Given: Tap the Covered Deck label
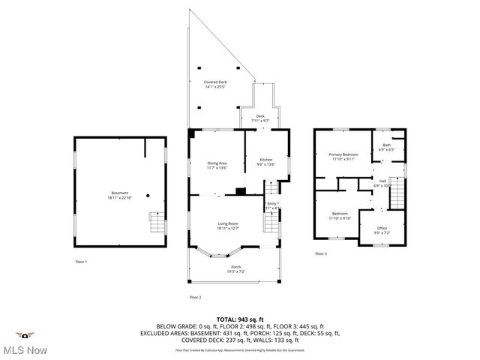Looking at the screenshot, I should pos(215,83).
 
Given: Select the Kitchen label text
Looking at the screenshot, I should pos(266,160).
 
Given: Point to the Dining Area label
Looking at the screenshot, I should pos(217,164).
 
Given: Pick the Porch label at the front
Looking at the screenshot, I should pos(235,268).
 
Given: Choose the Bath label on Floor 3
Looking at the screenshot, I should pos(386,146).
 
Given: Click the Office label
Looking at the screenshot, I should pos(382,228).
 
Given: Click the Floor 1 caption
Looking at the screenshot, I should pos(81,262).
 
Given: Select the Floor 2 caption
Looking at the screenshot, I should pos(195,298).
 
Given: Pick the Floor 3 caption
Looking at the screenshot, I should pos(320,253).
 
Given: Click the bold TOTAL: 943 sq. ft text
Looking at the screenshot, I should pos(240,319).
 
